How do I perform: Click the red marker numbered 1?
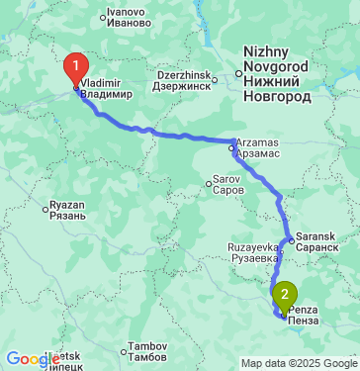[74, 69]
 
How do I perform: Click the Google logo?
[30, 358]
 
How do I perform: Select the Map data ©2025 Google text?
[299, 363]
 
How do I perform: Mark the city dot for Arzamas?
[232, 149]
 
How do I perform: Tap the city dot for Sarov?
[208, 181]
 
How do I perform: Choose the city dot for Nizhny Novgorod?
[238, 71]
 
